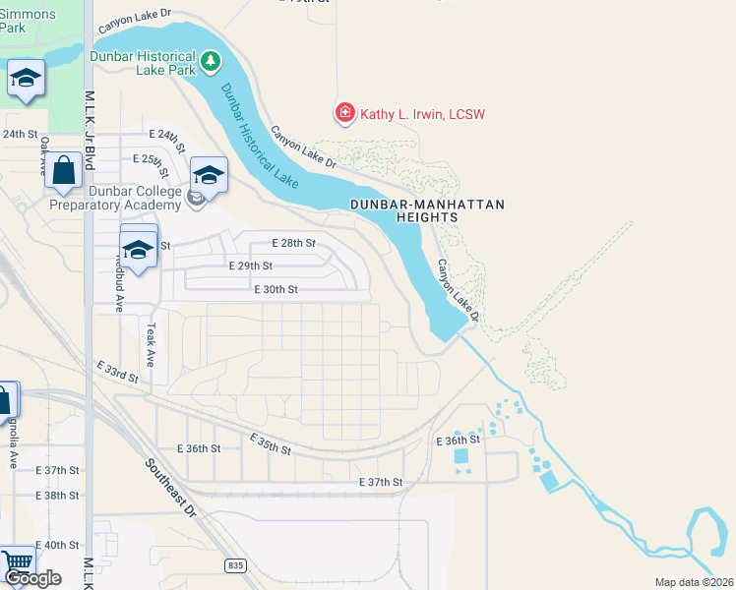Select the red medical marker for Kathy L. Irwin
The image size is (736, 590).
pyautogui.click(x=344, y=114)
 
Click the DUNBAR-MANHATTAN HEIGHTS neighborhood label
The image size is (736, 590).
pyautogui.click(x=427, y=210)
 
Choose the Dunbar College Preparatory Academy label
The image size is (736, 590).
pyautogui.click(x=120, y=198)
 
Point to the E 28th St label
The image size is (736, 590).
pyautogui.click(x=294, y=243)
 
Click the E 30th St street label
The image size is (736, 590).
pyautogui.click(x=276, y=289)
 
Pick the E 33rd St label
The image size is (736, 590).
pyautogui.click(x=118, y=371)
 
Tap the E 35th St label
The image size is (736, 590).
pyautogui.click(x=271, y=443)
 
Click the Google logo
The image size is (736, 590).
pyautogui.click(x=32, y=578)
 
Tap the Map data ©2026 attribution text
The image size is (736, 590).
pyautogui.click(x=695, y=582)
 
